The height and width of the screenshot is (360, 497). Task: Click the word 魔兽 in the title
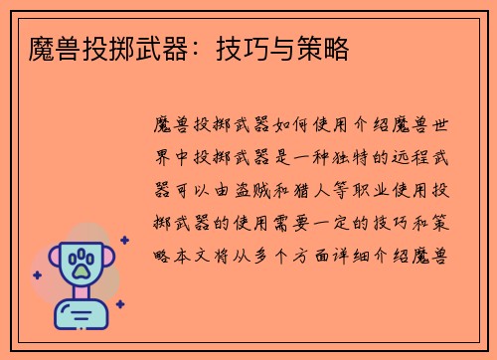49,46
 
